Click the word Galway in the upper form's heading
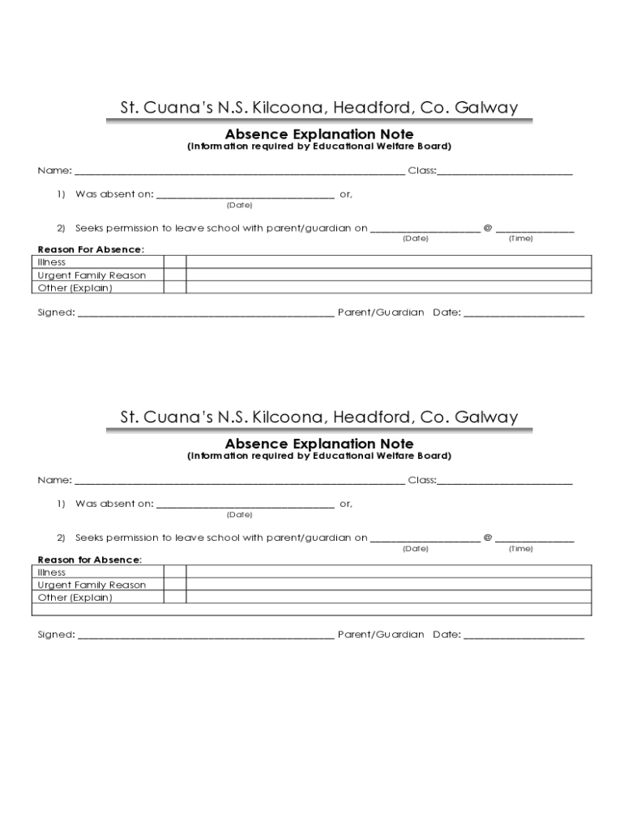486,108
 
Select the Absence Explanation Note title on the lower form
318,444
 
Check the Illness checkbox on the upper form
175,261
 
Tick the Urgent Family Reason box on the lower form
175,585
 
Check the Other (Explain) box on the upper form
175,287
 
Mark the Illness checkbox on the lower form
175,572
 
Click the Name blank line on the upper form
240,172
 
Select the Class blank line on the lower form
505,481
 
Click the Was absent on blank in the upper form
245,195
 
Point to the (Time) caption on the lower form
520,549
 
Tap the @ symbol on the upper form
488,228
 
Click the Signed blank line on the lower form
206,636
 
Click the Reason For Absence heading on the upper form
90,249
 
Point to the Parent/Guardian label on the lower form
381,635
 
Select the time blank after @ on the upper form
535,229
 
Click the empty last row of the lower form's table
314,610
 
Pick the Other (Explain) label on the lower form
75,597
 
